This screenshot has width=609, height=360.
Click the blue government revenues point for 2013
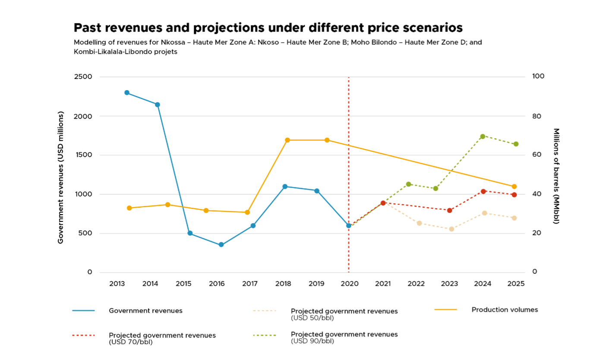(x=127, y=93)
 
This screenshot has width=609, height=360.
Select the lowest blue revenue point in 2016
(x=221, y=245)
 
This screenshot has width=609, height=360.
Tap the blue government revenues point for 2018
(x=285, y=186)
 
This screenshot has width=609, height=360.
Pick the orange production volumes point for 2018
(x=287, y=140)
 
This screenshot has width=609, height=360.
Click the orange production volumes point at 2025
(x=514, y=186)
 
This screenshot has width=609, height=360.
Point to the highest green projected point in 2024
(x=483, y=136)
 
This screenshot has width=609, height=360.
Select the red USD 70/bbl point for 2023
(x=450, y=210)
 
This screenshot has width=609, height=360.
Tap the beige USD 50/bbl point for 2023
(x=451, y=229)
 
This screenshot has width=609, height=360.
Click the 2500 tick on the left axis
(x=85, y=77)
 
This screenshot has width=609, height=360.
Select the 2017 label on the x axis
(x=250, y=284)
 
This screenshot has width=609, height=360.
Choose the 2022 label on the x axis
(x=416, y=284)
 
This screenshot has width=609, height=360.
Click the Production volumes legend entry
(x=505, y=309)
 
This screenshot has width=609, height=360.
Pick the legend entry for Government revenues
(x=145, y=310)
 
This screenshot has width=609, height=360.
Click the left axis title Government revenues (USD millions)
(x=61, y=177)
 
